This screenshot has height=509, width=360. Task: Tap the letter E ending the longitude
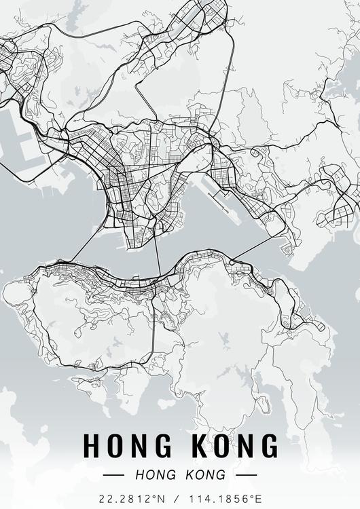point(258,498)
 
